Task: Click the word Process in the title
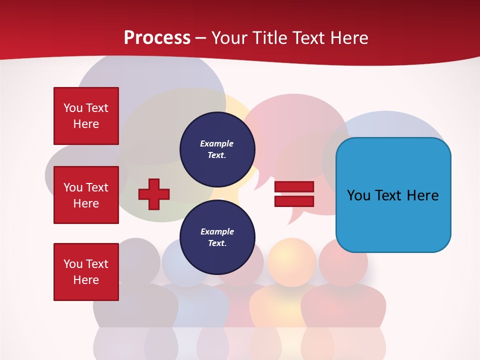click(x=157, y=38)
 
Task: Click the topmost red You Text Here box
click(x=86, y=116)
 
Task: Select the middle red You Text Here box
click(x=86, y=195)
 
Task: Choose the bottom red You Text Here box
click(x=86, y=272)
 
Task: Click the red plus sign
click(x=154, y=194)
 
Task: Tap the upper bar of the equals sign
click(x=294, y=187)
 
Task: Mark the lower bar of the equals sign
click(x=294, y=201)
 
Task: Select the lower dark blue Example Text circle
click(x=217, y=237)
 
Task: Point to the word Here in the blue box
click(x=423, y=195)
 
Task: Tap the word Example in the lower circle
click(x=217, y=231)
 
